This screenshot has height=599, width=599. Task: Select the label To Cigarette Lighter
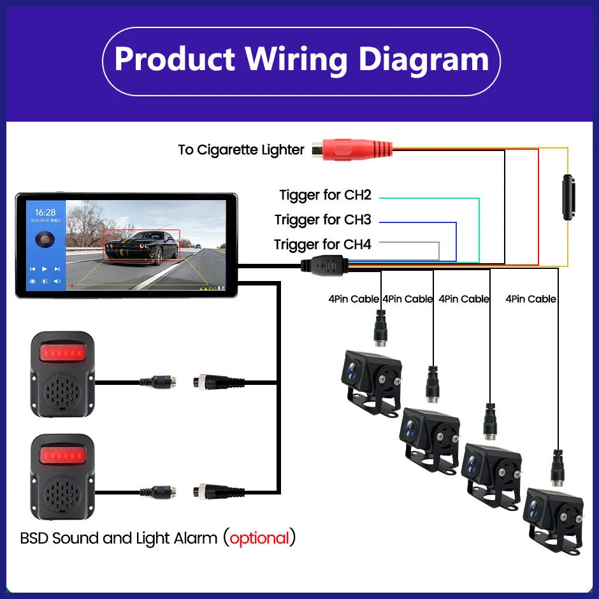pos(241,150)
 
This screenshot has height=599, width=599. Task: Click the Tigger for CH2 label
pos(325,195)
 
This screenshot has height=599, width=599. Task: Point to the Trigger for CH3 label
pos(322,220)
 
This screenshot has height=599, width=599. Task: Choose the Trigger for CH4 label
pos(322,244)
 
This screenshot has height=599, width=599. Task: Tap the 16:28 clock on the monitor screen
pos(45,212)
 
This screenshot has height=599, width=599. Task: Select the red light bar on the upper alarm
pos(62,352)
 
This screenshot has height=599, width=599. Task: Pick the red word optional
pos(259,538)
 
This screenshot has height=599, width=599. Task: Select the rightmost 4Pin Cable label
pos(531,299)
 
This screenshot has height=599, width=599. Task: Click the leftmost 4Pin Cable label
pos(354,299)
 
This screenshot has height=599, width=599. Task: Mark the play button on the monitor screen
pos(45,269)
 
